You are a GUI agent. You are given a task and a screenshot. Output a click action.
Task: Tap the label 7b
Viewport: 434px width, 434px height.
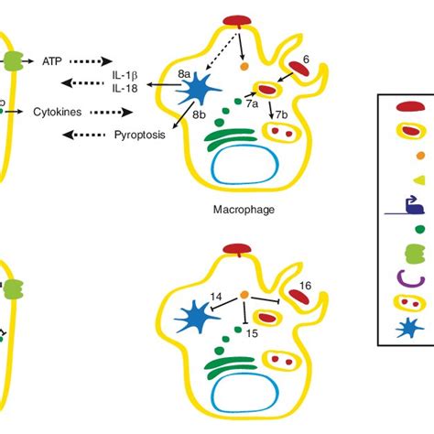pyautogui.click(x=282, y=113)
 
